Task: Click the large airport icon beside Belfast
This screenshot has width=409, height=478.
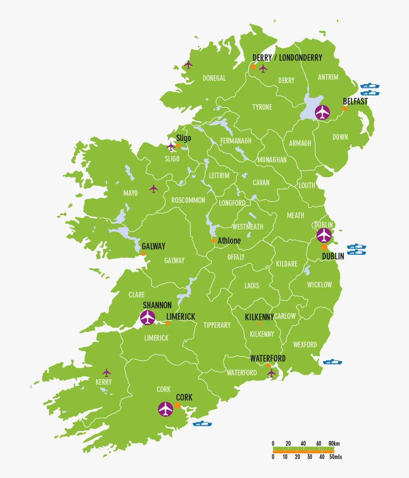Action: (x=322, y=113)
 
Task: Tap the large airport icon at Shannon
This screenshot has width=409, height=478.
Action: (x=148, y=317)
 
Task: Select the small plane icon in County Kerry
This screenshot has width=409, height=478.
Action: (x=107, y=373)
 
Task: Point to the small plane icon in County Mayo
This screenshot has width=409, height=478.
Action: (x=153, y=189)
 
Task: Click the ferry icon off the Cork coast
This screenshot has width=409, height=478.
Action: (x=202, y=423)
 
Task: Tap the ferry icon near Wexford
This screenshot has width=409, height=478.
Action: (x=333, y=362)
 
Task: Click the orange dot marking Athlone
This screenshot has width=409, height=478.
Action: (x=214, y=240)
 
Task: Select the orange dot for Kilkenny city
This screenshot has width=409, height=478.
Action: (x=259, y=324)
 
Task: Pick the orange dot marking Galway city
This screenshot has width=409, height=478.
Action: (x=144, y=254)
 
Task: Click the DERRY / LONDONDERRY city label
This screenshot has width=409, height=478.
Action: (x=287, y=57)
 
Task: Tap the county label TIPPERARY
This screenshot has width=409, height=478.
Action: (x=217, y=325)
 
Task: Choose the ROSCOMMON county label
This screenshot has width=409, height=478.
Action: (x=188, y=200)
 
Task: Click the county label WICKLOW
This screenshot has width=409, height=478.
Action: (x=319, y=285)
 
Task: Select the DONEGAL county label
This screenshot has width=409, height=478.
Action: (x=214, y=78)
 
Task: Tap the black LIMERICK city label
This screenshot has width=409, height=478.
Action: (x=181, y=316)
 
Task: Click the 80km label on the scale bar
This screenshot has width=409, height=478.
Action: (x=334, y=443)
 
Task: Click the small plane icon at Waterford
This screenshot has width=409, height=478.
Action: (x=271, y=373)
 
